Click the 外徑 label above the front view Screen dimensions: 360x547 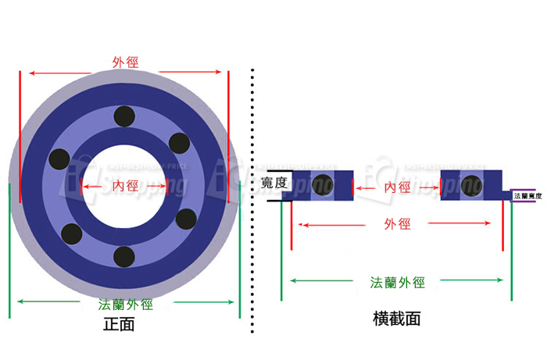click(126, 62)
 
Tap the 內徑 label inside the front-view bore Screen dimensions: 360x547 click(125, 186)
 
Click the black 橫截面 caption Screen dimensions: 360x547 click(397, 319)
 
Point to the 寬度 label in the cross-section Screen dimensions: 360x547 click(274, 184)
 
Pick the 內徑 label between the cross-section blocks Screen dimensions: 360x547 click(397, 187)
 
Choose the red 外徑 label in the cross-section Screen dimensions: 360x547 click(397, 225)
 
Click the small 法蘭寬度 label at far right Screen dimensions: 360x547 click(527, 196)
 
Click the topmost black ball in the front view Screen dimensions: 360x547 click(123, 117)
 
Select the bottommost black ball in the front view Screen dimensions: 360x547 click(124, 255)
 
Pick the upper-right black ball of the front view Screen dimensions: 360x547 click(180, 144)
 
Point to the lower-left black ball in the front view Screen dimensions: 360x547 click(71, 233)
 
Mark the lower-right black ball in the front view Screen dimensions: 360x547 click(186, 217)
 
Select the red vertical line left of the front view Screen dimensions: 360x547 click(20, 137)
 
